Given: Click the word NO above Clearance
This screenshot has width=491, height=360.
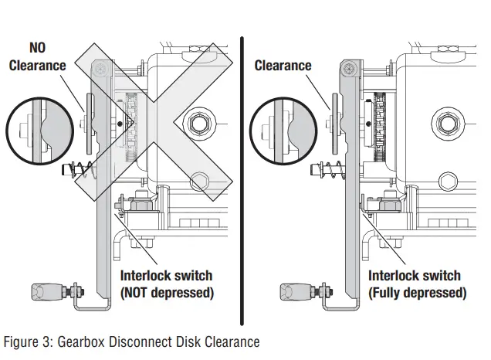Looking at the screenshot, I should (37, 48).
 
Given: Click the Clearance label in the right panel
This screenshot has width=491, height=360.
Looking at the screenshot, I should (283, 66).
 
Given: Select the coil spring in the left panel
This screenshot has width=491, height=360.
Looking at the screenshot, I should (80, 169).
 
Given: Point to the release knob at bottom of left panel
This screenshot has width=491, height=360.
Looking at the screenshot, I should (46, 292).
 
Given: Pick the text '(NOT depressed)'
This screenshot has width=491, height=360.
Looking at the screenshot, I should (166, 293).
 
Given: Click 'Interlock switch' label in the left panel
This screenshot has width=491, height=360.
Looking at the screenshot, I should (166, 276).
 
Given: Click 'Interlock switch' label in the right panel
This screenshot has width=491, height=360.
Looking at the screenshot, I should (415, 276).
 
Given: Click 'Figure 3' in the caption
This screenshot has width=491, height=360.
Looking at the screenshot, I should (29, 341).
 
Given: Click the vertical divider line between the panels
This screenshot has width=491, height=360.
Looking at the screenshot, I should (242, 178).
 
